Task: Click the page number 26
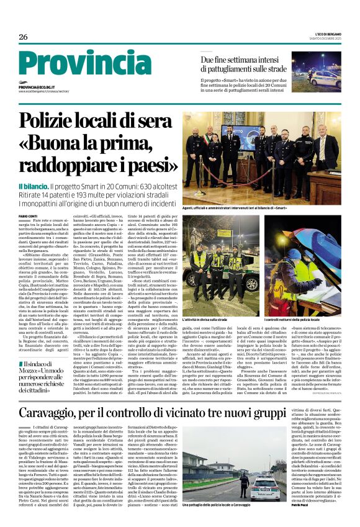23,37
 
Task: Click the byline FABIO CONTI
29,216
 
